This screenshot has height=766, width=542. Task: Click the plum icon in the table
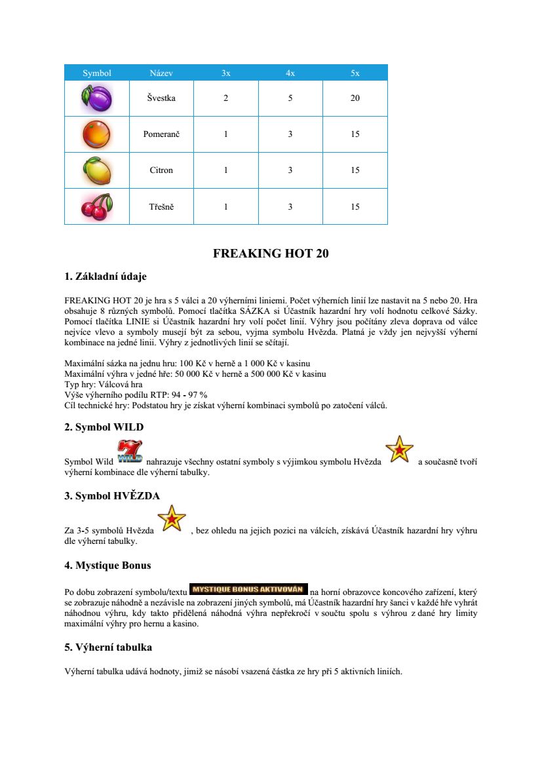pyautogui.click(x=97, y=98)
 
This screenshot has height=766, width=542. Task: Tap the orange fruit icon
pyautogui.click(x=97, y=134)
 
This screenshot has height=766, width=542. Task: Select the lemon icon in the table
pyautogui.click(x=97, y=170)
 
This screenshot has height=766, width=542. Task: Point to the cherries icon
pyautogui.click(x=97, y=206)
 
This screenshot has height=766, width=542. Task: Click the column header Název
pyautogui.click(x=161, y=73)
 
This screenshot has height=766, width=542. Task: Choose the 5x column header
pyautogui.click(x=355, y=73)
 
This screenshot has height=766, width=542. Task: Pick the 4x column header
pyautogui.click(x=290, y=73)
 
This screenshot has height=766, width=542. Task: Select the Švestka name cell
pyautogui.click(x=161, y=98)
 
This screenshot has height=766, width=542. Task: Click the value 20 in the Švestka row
pyautogui.click(x=355, y=98)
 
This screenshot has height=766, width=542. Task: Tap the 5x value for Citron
pyautogui.click(x=355, y=170)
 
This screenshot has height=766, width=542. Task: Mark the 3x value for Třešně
pyautogui.click(x=225, y=206)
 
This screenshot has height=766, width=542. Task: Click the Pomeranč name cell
pyautogui.click(x=161, y=134)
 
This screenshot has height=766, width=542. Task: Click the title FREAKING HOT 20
pyautogui.click(x=271, y=254)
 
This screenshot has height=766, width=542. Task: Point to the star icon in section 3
pyautogui.click(x=172, y=518)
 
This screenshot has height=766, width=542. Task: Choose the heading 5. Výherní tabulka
pyautogui.click(x=108, y=647)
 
